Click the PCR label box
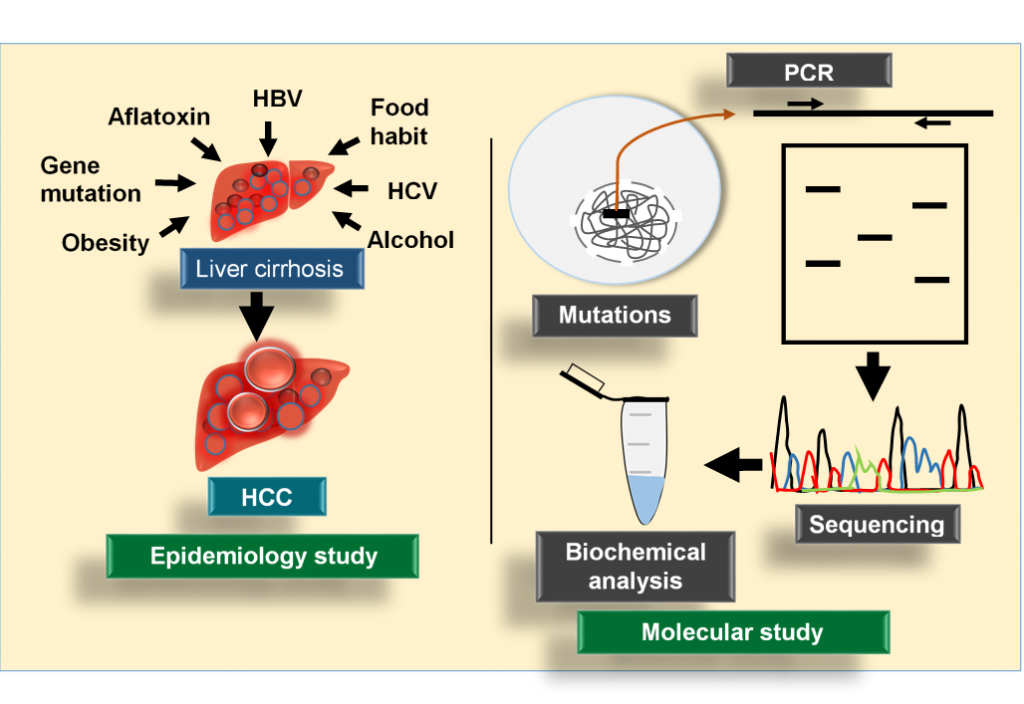(809, 72)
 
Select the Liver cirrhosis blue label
(270, 269)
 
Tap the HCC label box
(267, 497)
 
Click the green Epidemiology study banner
(263, 557)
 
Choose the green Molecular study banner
(732, 632)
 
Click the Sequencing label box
(876, 524)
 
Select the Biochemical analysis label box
(635, 566)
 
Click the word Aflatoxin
(159, 117)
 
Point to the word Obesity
(105, 242)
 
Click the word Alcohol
(410, 240)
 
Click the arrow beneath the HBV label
(268, 135)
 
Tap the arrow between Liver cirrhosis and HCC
(257, 315)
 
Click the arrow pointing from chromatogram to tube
(734, 463)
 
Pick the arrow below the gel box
(873, 374)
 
